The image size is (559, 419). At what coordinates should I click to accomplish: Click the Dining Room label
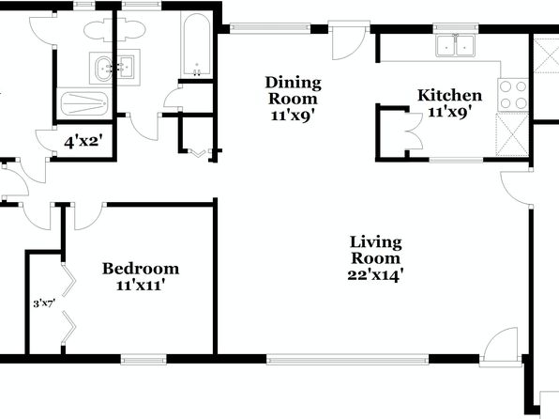coord(293,90)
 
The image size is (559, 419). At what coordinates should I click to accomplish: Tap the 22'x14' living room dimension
coord(375,276)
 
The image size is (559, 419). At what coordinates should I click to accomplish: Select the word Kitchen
coord(449,96)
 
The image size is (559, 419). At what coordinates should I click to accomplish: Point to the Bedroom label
coord(141,269)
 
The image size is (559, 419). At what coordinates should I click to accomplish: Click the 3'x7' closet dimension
coord(44,304)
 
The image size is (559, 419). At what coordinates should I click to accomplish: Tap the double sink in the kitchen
coord(455,45)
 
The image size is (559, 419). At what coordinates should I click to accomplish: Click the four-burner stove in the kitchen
coord(513,95)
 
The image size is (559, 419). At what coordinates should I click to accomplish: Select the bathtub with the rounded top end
coord(196,45)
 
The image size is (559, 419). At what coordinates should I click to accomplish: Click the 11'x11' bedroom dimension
coord(141,286)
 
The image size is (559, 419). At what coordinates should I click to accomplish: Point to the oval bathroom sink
coord(104,68)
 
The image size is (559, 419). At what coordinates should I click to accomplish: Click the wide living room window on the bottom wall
coord(348,359)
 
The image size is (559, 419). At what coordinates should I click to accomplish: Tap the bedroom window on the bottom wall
coord(144,359)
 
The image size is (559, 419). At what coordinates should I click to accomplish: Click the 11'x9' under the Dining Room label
coord(293,116)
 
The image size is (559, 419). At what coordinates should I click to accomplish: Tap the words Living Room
coord(375,250)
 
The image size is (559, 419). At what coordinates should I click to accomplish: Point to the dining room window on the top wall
coord(270,28)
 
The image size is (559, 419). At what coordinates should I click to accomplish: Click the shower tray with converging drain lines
coord(84,103)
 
